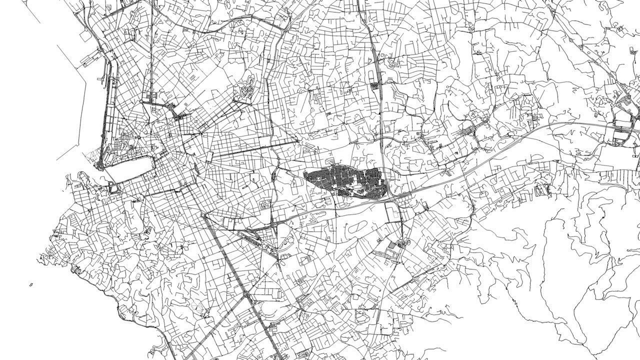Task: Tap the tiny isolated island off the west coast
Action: pyautogui.click(x=31, y=285)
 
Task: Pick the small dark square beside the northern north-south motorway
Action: pyautogui.click(x=374, y=86)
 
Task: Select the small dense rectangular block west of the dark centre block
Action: pyautogui.click(x=265, y=203)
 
